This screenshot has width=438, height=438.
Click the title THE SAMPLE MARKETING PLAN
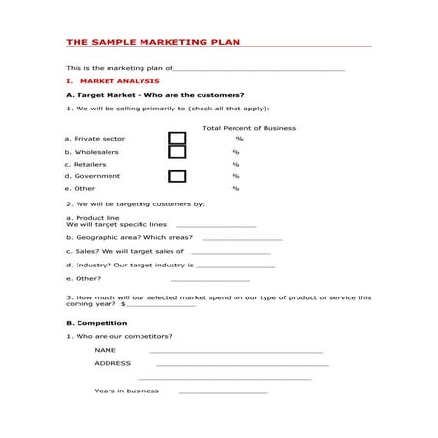click(152, 43)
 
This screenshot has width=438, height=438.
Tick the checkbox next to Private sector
click(177, 139)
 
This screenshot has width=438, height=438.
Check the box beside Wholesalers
click(177, 152)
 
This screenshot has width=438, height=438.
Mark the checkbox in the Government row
click(177, 176)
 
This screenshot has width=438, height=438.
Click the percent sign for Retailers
click(235, 165)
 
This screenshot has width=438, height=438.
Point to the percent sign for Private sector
click(239, 139)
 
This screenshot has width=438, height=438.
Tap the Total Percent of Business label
click(248, 128)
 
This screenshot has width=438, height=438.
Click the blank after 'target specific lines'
click(216, 226)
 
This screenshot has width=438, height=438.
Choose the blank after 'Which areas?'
click(242, 238)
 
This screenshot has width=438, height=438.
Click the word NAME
click(105, 350)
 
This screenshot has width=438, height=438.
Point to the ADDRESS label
click(112, 364)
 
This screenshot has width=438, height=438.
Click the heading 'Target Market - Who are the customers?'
click(155, 95)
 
